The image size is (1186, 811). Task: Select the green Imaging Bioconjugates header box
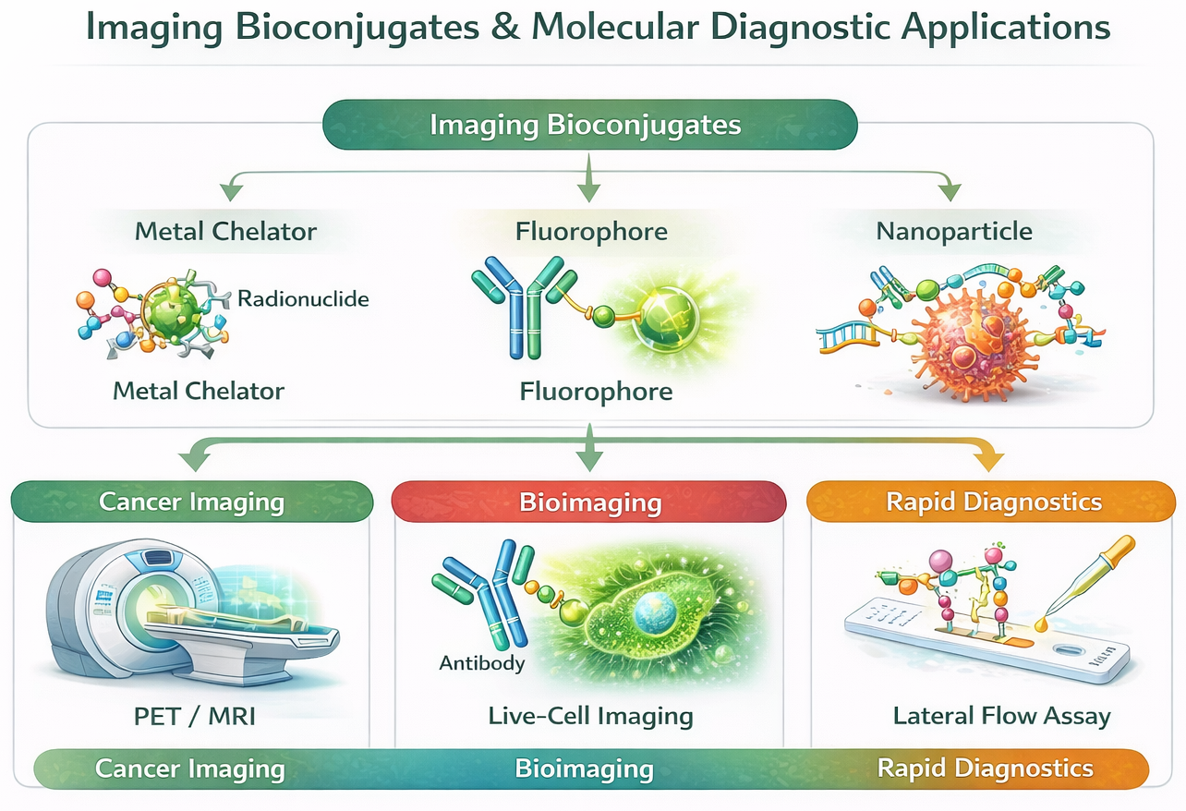(589, 125)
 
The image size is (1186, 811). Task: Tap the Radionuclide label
(303, 298)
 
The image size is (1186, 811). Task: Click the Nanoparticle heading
(954, 230)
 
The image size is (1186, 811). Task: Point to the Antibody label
(482, 662)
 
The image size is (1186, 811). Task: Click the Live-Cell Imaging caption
(590, 715)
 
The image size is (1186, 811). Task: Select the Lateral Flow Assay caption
(1001, 715)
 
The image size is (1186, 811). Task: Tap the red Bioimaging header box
(589, 502)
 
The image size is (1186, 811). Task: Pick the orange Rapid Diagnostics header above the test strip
(994, 502)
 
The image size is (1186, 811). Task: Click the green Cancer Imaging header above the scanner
(191, 502)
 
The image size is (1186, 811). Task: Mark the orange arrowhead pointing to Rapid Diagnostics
(988, 459)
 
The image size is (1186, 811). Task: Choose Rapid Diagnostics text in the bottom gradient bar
(985, 769)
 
